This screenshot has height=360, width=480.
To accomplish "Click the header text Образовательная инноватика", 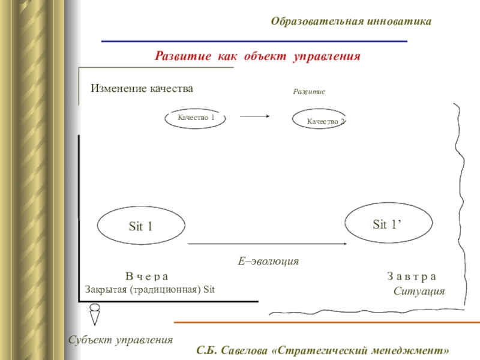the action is point(351,22).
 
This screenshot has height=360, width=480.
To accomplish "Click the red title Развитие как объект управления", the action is point(257,56).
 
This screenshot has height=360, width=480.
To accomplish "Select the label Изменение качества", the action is point(142,89).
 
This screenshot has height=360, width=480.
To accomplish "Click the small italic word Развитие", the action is point(308,92).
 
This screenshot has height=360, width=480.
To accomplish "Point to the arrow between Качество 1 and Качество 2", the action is point(254,117).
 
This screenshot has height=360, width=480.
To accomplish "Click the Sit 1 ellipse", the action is point(141,226).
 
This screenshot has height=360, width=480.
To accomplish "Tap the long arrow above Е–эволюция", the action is point(268,244).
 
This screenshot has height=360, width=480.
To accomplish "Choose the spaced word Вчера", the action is point(147,277).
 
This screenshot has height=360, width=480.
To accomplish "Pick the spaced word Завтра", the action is point(412,277).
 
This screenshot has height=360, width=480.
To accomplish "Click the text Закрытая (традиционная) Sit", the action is point(150,289).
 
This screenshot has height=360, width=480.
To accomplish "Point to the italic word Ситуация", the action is point(419,291).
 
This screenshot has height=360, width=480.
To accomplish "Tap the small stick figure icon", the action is point(94,313).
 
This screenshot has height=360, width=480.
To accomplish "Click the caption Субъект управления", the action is point(120,340).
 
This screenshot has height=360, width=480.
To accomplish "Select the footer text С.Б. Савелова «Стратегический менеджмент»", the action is point(323,349).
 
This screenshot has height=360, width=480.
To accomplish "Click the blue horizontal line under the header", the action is point(254,41).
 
